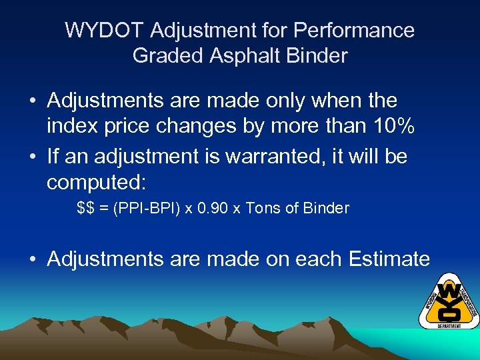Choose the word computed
pyautogui.click(x=97, y=183)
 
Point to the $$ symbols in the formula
pyautogui.click(x=85, y=208)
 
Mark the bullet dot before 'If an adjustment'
pyautogui.click(x=33, y=157)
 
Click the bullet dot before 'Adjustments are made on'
pyautogui.click(x=33, y=259)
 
